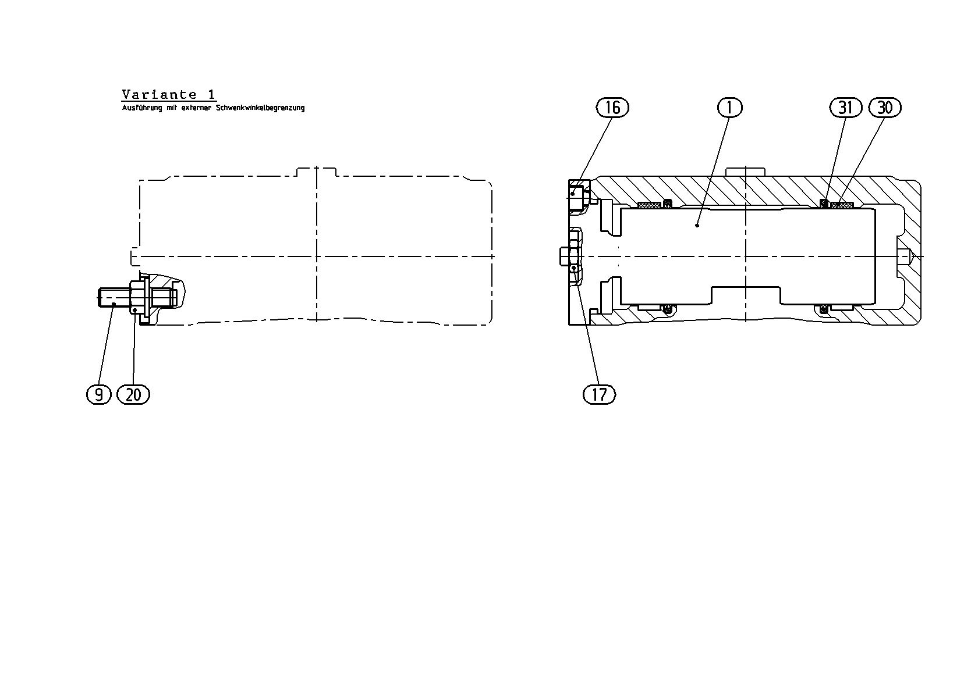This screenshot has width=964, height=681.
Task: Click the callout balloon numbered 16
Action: coord(612,108)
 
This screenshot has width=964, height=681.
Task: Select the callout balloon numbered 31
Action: coord(846,108)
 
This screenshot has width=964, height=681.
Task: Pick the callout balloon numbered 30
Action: coord(885,108)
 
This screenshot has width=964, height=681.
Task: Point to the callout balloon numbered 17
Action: coord(599,394)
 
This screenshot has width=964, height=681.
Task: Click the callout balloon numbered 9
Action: coord(99,394)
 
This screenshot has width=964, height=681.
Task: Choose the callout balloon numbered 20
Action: coord(133,394)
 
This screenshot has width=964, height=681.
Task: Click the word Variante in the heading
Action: coord(159,94)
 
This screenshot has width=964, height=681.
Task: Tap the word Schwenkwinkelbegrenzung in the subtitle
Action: coord(260,108)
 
